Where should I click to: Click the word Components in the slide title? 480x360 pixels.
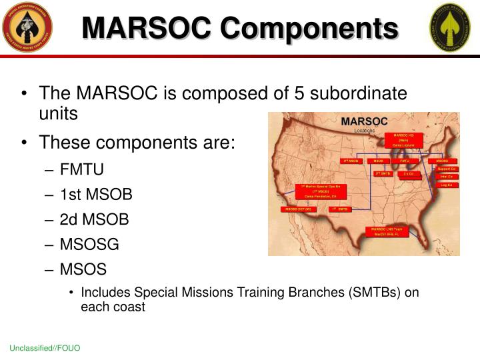tap(309, 28)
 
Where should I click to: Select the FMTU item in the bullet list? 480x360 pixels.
tap(81, 169)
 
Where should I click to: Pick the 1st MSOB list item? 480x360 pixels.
tap(95, 194)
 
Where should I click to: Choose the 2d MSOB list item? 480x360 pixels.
tap(94, 219)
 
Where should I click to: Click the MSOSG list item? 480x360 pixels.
tap(89, 244)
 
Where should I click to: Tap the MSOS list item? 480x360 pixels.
tap(83, 269)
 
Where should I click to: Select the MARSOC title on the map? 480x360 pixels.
tap(364, 121)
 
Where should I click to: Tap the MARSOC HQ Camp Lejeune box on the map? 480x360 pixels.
tap(404, 141)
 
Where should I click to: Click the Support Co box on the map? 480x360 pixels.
tap(446, 169)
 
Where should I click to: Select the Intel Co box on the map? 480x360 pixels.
tap(446, 177)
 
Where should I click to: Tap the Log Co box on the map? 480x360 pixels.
tap(446, 185)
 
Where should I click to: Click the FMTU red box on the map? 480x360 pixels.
tap(405, 161)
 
